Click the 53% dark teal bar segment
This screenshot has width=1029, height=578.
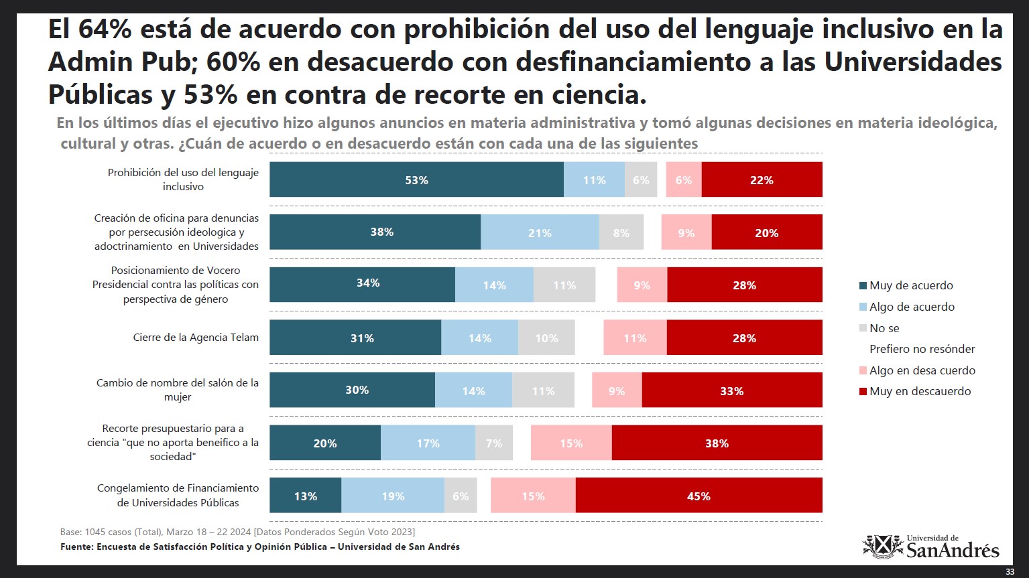click(x=417, y=179)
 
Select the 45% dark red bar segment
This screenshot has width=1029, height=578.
click(x=699, y=496)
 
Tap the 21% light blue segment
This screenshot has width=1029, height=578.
click(x=540, y=232)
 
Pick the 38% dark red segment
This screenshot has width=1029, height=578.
click(x=717, y=443)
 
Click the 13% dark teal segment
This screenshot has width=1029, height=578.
click(x=306, y=496)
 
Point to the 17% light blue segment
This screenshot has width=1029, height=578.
click(x=428, y=443)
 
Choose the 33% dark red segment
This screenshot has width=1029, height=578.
click(x=732, y=390)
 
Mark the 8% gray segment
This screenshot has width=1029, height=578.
click(x=621, y=232)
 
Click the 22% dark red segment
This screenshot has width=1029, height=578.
click(x=762, y=179)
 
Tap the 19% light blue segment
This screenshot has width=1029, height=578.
click(x=393, y=496)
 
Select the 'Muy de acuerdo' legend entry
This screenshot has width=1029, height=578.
click(x=906, y=285)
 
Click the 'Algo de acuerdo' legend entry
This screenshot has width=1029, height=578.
click(x=907, y=307)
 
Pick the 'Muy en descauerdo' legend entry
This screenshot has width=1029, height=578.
click(x=915, y=391)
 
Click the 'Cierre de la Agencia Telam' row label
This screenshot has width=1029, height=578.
click(x=196, y=338)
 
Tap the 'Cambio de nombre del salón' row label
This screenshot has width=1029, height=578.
click(x=178, y=390)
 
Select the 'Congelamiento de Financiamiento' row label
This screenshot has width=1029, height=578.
click(x=178, y=496)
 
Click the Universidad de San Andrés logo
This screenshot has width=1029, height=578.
click(x=930, y=547)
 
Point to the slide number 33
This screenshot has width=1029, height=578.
click(x=1010, y=571)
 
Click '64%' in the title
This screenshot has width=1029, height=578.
click(x=105, y=28)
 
